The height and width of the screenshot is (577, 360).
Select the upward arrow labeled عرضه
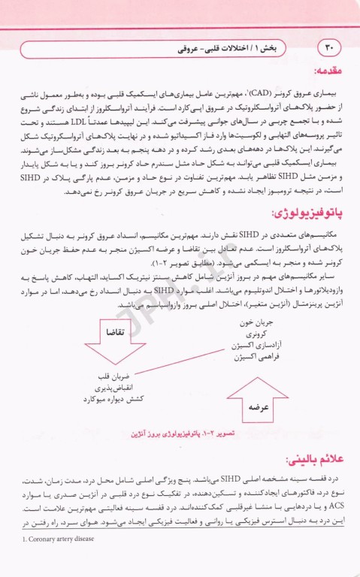click(253, 403)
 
